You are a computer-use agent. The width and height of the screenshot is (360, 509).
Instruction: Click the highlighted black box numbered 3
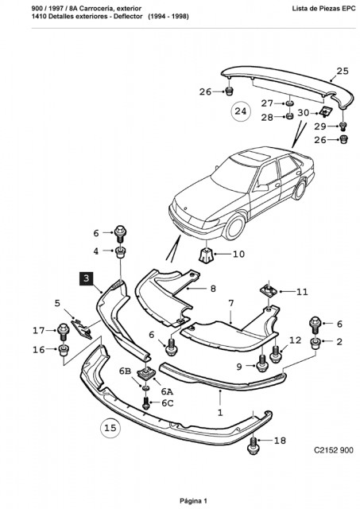[87, 278]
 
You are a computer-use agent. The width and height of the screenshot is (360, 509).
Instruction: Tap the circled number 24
[240, 111]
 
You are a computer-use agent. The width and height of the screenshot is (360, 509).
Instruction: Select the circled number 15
[110, 428]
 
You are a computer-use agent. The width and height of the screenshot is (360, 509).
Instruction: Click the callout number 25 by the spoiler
[343, 71]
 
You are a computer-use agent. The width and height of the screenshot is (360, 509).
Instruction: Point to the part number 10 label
[238, 254]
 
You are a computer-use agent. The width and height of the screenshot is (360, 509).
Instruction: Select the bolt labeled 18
[254, 445]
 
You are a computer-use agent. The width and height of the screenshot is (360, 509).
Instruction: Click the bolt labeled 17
[64, 332]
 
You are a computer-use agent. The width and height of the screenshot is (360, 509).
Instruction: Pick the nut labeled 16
[63, 350]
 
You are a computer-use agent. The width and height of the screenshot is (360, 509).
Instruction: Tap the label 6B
[125, 371]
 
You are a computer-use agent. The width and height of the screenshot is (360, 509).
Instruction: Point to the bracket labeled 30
[326, 112]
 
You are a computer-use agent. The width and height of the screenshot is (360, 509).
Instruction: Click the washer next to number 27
[289, 103]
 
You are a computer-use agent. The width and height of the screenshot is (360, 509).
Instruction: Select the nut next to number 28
[289, 115]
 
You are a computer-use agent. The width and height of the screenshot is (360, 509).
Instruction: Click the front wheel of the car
[234, 227]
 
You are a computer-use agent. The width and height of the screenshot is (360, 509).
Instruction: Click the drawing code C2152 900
[334, 450]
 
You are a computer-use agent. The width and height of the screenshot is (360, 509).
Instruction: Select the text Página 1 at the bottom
[193, 501]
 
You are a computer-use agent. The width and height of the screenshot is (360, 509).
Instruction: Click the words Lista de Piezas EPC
[323, 9]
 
